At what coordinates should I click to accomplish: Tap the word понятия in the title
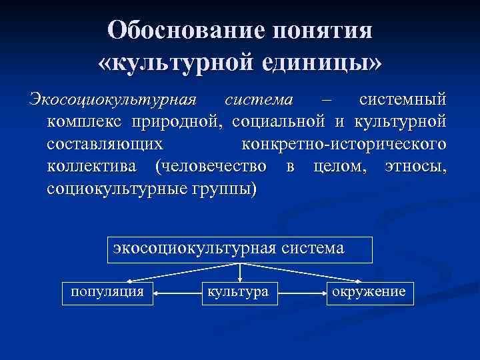pos(323,30)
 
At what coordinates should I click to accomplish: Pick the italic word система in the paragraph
pos(259,99)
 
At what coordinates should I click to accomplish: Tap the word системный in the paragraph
pos(401,99)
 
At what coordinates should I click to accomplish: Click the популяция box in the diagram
pos(108,291)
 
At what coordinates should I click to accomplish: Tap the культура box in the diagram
pos(239,291)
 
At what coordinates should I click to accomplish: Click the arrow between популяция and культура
pos(176,292)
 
